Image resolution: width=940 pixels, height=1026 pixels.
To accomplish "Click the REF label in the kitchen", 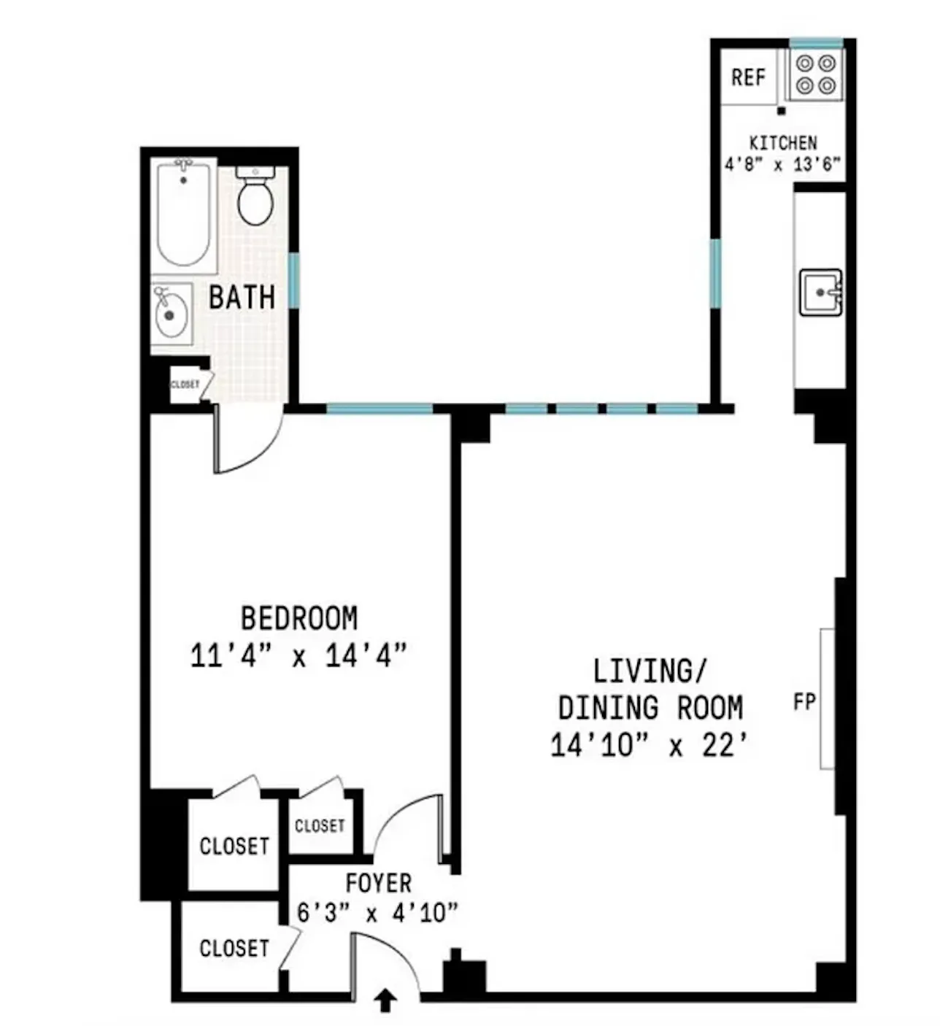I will click(x=748, y=77).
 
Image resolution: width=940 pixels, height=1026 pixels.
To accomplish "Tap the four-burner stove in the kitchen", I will click(x=815, y=74).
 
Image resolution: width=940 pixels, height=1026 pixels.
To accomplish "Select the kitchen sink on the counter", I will click(x=820, y=292).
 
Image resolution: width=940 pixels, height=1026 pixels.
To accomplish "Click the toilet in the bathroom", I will click(x=255, y=197).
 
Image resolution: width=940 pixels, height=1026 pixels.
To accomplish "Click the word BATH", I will click(x=242, y=298).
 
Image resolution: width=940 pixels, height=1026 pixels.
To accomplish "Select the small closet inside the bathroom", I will click(x=185, y=385).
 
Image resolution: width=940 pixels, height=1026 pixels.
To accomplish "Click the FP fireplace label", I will click(x=804, y=702).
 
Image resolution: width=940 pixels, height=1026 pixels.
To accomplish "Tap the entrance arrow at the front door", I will click(x=385, y=1000).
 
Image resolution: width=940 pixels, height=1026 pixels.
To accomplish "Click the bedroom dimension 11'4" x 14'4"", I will click(x=298, y=655).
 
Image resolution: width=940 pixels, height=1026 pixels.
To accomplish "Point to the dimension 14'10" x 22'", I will click(x=649, y=746).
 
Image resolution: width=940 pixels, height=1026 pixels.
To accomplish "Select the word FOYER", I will click(x=378, y=883).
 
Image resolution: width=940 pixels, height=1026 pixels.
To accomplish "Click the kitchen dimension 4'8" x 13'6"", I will click(x=783, y=164).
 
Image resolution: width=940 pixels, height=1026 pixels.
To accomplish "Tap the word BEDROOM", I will click(x=299, y=618).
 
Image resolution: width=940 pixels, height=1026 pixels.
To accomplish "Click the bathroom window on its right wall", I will click(x=293, y=280).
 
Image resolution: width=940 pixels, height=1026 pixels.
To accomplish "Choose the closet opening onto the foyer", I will click(x=234, y=948).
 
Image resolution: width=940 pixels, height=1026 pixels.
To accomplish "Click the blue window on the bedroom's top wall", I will click(x=379, y=409).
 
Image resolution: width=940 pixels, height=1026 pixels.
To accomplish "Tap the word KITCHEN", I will click(x=783, y=142).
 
